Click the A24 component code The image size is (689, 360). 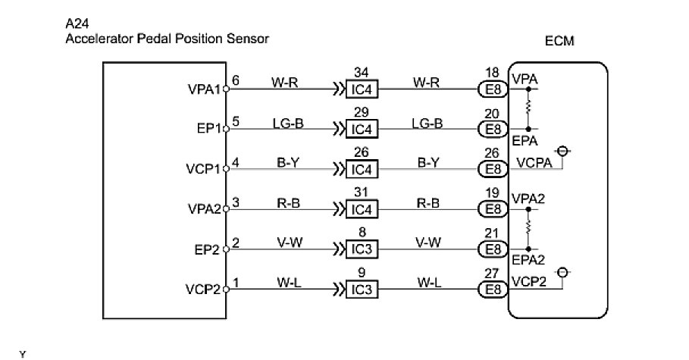77,23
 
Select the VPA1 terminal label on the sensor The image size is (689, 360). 203,89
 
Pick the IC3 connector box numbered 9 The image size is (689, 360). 361,289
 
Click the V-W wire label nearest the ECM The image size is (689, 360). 428,242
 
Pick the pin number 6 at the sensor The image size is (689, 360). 236,80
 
